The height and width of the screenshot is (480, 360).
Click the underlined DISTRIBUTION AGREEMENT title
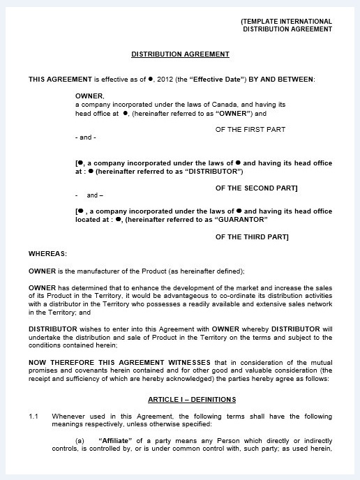180,54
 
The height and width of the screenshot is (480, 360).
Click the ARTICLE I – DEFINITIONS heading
192,399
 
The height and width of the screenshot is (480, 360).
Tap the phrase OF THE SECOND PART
256,188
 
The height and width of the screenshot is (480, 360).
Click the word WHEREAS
47,253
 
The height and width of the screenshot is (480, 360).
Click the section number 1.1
33,416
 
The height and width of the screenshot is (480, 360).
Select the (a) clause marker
80,441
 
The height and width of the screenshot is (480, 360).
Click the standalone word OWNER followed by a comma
90,96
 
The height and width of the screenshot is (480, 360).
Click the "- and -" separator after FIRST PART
84,137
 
